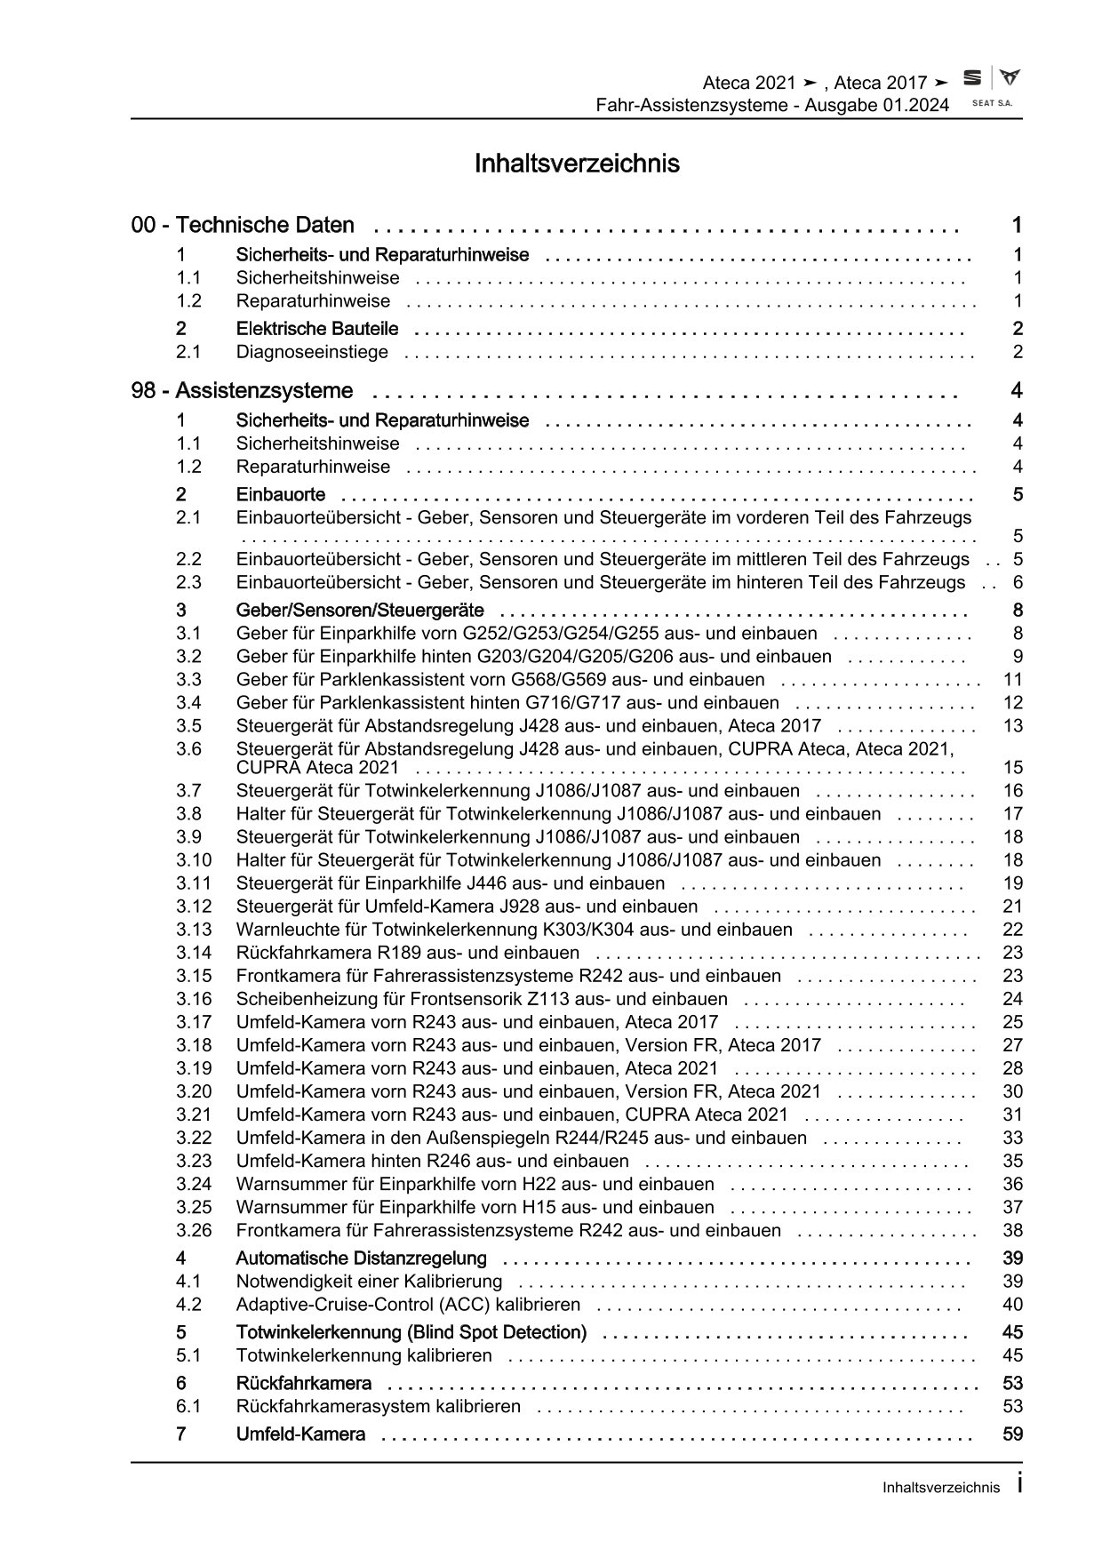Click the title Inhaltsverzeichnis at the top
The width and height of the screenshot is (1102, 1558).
click(x=577, y=164)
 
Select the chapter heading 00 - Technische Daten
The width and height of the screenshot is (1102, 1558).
click(x=243, y=225)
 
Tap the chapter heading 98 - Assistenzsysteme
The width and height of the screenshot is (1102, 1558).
click(x=242, y=391)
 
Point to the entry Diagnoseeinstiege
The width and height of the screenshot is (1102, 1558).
click(x=312, y=352)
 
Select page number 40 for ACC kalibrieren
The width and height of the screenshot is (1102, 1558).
click(x=1012, y=1305)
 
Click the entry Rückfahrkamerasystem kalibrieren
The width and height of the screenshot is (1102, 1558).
click(x=379, y=1407)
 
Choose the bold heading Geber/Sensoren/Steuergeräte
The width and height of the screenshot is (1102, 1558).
click(x=360, y=611)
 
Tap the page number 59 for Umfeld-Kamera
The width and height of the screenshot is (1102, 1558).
click(x=1012, y=1434)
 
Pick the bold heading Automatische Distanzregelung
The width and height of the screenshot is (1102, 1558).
click(x=361, y=1258)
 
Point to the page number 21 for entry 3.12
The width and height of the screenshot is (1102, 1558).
click(x=1012, y=907)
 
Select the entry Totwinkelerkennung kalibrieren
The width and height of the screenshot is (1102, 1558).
click(x=363, y=1356)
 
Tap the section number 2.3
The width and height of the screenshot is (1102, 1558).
click(x=188, y=583)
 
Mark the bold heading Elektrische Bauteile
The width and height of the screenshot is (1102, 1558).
click(x=317, y=329)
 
